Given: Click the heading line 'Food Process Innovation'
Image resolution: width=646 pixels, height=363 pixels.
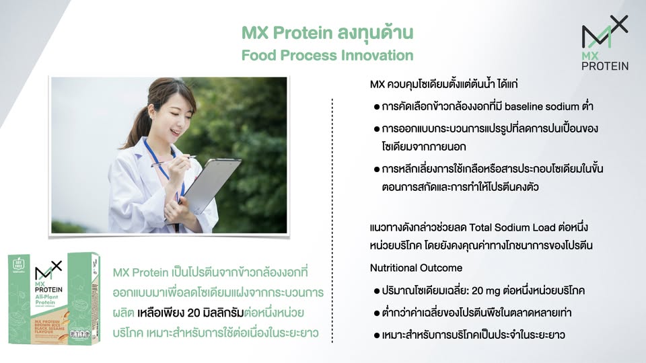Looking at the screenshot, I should [327, 54].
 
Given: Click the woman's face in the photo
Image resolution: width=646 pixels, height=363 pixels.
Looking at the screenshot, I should [169, 114].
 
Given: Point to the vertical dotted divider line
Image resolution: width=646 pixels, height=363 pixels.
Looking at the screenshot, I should [332, 222].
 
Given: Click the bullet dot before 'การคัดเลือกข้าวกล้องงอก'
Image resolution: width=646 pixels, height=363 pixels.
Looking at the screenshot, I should [377, 108].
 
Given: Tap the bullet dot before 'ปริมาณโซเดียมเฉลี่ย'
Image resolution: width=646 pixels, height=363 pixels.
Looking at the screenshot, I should [377, 291].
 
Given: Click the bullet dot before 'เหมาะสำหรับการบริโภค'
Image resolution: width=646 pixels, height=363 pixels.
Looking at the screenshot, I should [377, 334].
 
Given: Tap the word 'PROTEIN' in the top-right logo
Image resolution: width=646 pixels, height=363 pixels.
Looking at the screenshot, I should [605, 65].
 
